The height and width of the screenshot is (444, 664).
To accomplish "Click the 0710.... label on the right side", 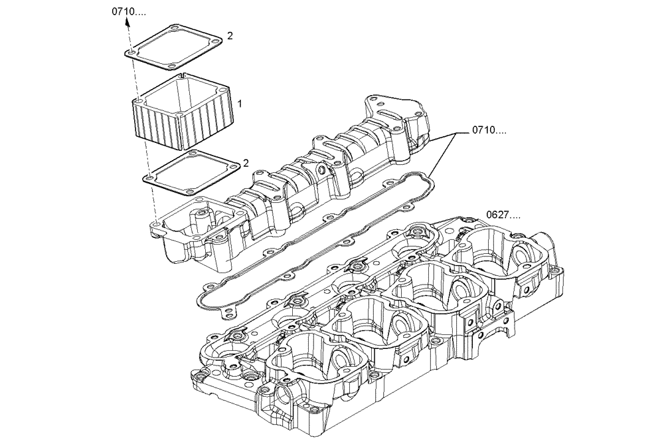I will pos(489,130).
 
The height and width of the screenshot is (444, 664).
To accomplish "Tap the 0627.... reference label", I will pos(503,215).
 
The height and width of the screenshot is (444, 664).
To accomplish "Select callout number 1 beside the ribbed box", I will pos(240,104).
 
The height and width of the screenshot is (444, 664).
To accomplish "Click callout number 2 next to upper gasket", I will pos(230,36).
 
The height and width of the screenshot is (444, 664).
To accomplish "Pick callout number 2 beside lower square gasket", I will pos(245,163).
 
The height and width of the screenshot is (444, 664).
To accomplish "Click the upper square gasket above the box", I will pos(174,48).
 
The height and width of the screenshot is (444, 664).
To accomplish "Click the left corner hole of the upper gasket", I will pos(132,51).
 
